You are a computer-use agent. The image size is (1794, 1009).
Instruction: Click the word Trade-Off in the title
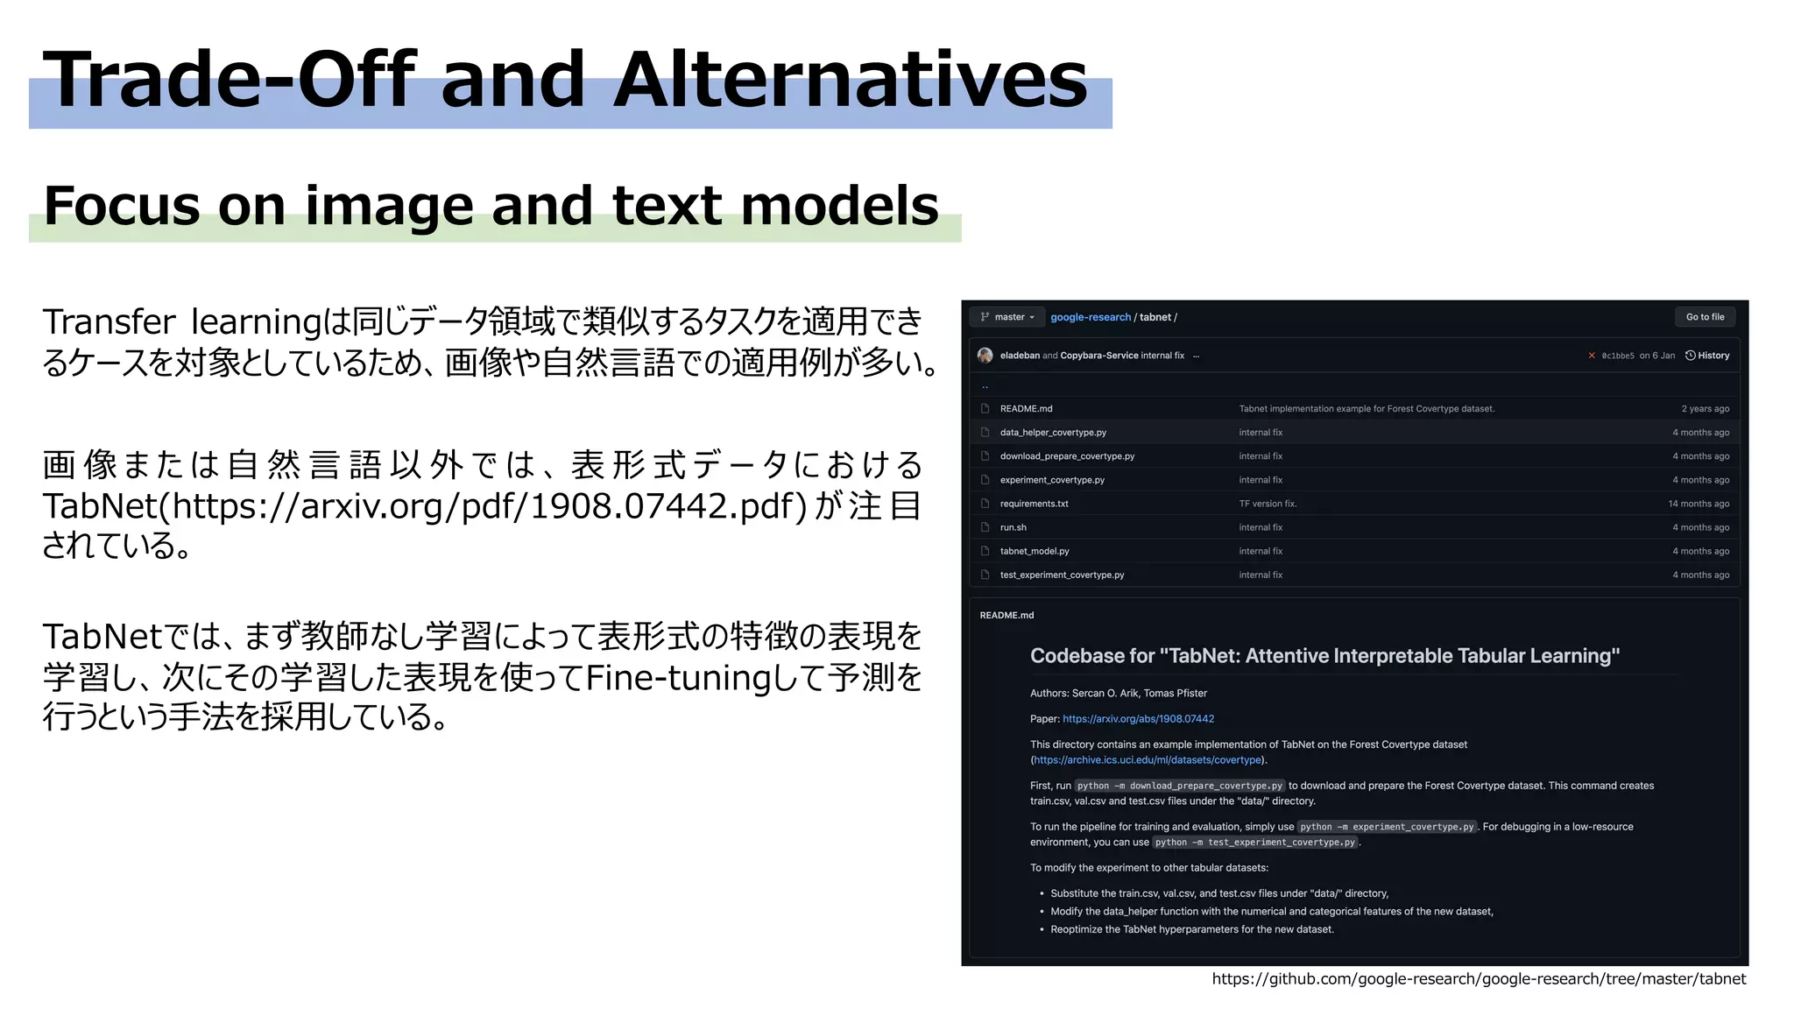[230, 80]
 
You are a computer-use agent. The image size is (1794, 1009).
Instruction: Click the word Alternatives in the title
[850, 80]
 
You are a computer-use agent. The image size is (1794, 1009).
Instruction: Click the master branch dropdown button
[1007, 317]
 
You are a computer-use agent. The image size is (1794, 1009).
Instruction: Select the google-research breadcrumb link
[1091, 317]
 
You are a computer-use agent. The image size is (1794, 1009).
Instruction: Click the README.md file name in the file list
[1026, 409]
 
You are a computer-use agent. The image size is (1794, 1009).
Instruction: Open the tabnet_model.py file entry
[1035, 551]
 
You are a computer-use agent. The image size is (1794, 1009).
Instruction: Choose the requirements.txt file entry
[1034, 504]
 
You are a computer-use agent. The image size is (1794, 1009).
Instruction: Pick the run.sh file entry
[1013, 527]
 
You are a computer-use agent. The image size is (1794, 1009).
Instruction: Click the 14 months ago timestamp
[1699, 504]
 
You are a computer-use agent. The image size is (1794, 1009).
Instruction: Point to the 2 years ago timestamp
[1705, 409]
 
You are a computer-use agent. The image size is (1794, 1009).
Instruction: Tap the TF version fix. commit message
[1268, 504]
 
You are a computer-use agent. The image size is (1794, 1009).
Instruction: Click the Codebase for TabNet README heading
[1324, 656]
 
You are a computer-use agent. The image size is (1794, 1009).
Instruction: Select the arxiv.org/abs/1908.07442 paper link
[1138, 719]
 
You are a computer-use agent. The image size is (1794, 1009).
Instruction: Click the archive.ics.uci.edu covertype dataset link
[1148, 760]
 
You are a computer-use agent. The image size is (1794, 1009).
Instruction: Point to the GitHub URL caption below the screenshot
[1479, 979]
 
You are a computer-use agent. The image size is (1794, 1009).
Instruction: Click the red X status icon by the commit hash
[1592, 356]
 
